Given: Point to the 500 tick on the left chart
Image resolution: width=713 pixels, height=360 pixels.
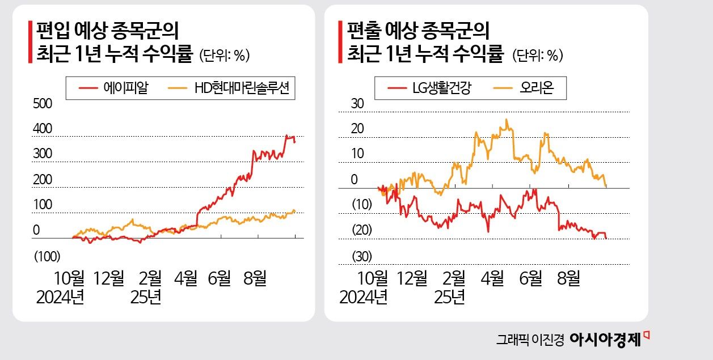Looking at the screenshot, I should (43, 104).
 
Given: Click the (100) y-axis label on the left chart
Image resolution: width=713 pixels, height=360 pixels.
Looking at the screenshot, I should (47, 257).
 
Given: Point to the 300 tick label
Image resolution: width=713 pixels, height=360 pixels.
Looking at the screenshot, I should (43, 154).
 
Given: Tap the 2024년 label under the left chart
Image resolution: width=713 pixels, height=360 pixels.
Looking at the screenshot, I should (60, 297).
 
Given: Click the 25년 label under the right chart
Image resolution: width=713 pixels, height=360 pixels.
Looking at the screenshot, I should (452, 297).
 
